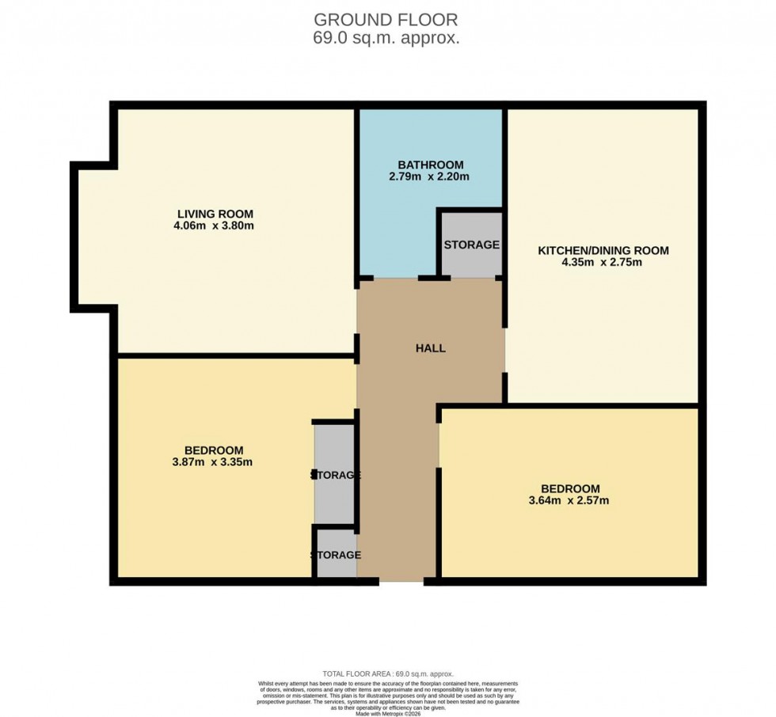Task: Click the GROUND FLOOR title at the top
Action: point(386,19)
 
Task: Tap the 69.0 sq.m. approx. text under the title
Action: point(386,37)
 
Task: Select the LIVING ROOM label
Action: point(215,214)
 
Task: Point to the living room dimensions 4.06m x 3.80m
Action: point(215,226)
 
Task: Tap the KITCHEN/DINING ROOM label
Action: point(603,250)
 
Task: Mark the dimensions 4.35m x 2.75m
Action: point(603,262)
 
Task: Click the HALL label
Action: point(430,348)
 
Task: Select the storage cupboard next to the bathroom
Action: point(471,245)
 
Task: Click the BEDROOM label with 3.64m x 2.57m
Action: point(569,488)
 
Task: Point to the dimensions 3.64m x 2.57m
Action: point(569,500)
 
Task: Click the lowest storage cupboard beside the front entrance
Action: point(336,555)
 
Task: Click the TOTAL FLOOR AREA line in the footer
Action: point(387,673)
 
